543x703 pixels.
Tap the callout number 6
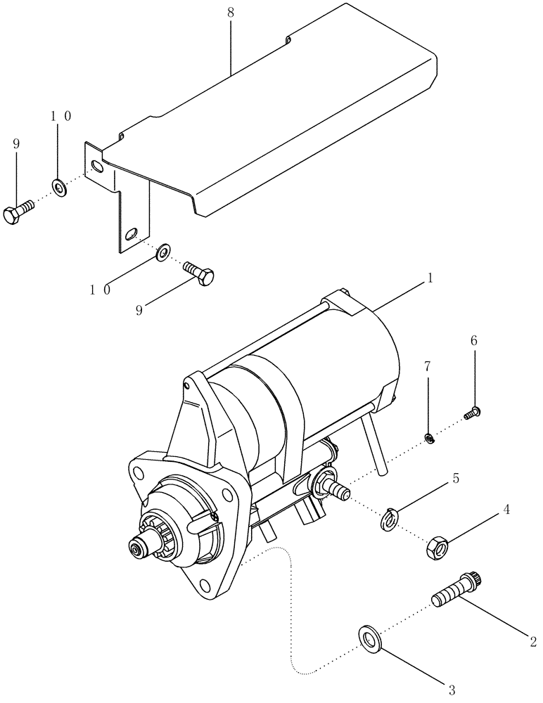pyautogui.click(x=473, y=340)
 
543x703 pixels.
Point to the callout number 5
pyautogui.click(x=456, y=479)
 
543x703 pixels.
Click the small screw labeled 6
pyautogui.click(x=473, y=414)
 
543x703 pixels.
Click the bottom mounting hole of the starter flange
pyautogui.click(x=203, y=583)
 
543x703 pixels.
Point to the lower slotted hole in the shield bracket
pyautogui.click(x=132, y=233)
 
